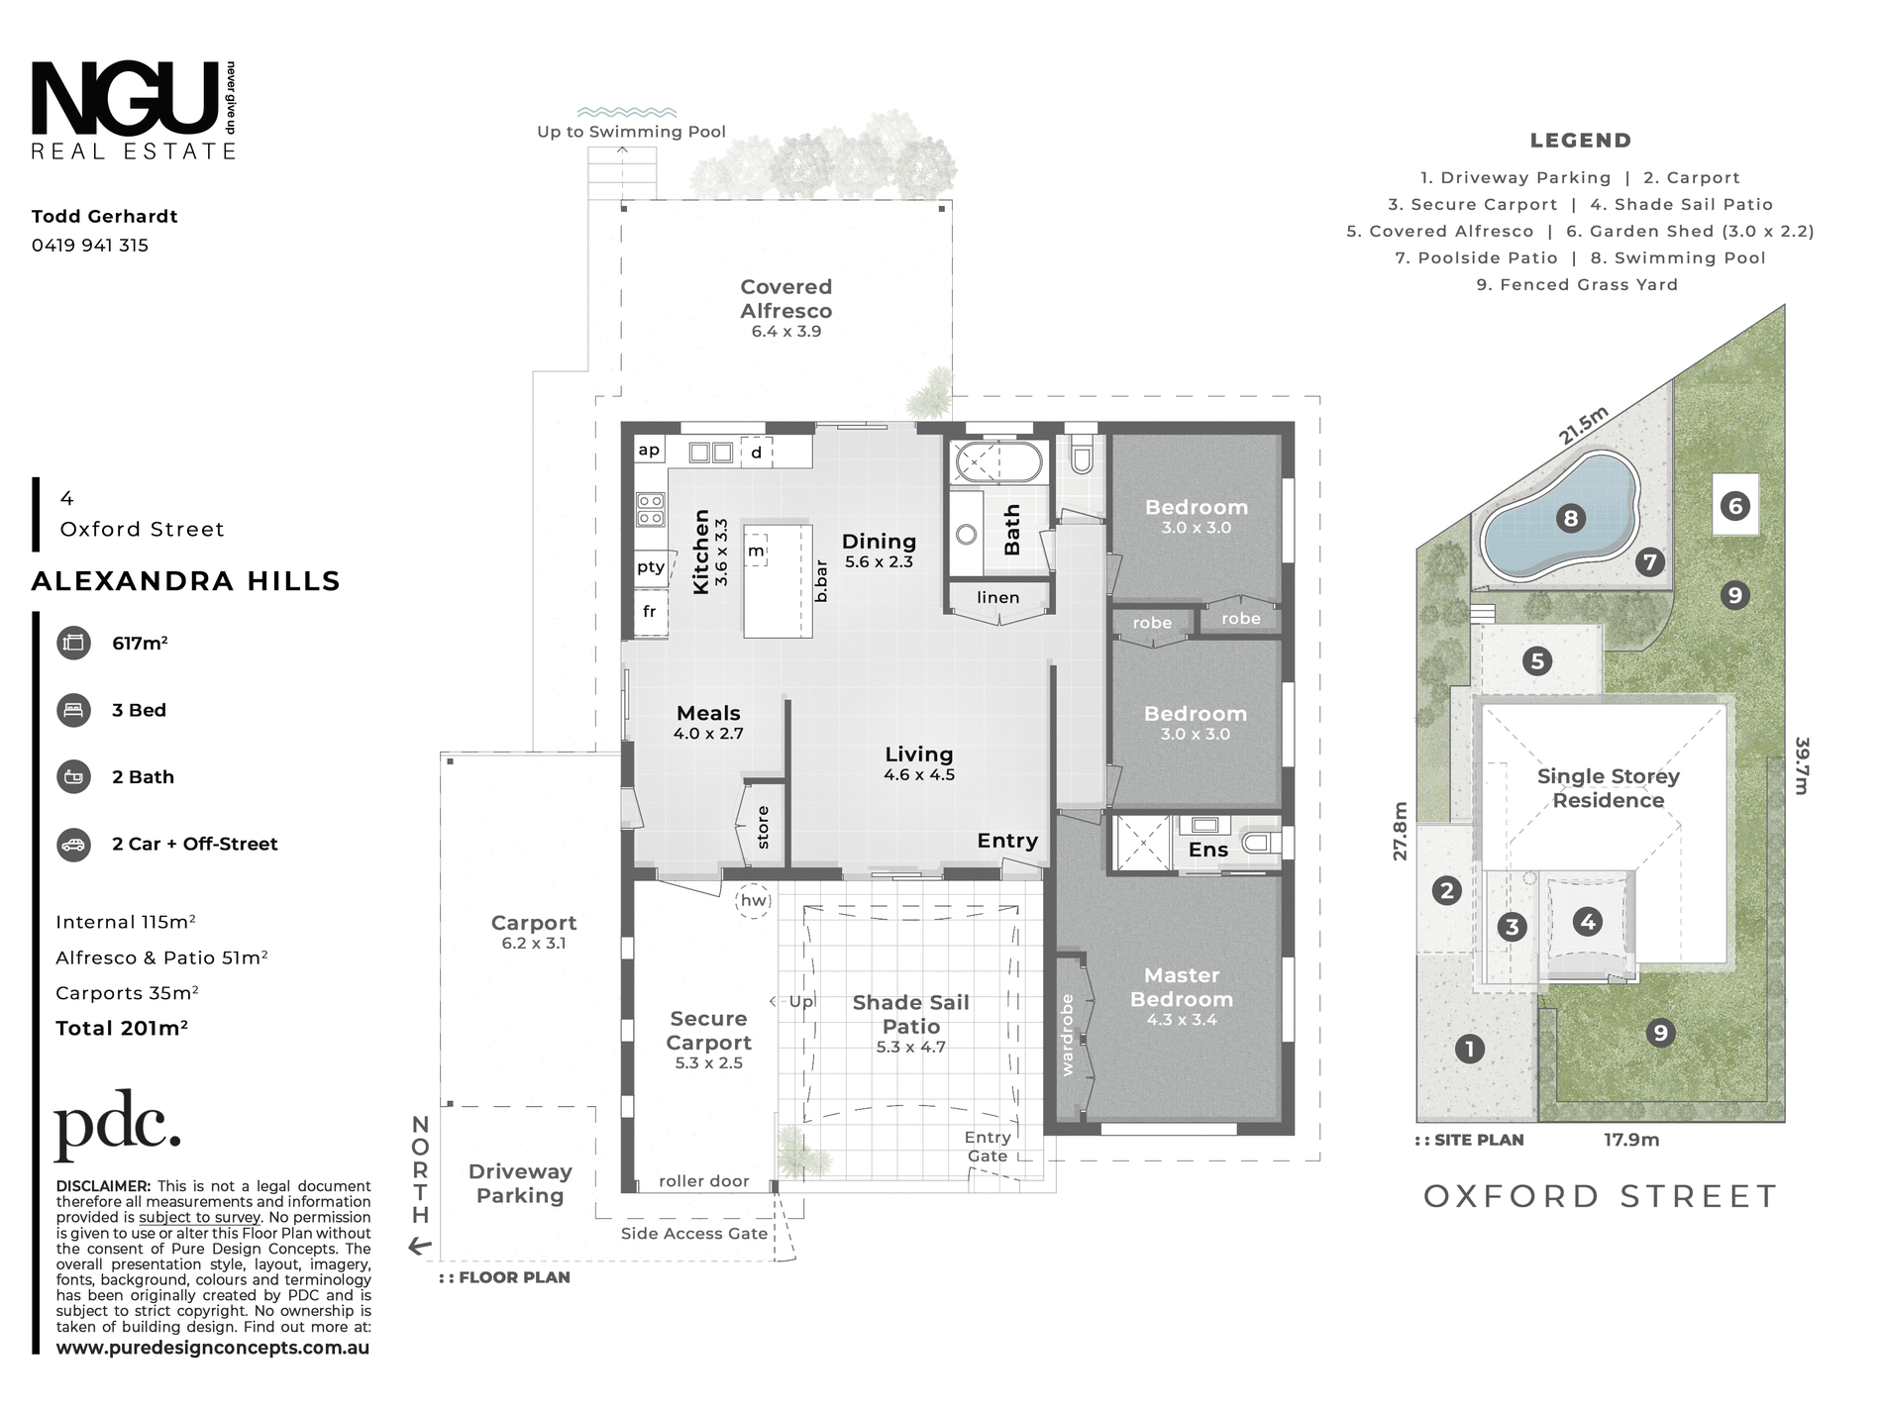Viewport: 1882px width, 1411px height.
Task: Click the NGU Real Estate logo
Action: click(134, 110)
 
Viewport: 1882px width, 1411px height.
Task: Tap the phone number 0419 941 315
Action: click(90, 246)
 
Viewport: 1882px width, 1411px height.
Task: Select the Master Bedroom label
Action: click(1182, 987)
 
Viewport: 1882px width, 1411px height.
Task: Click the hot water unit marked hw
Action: click(754, 900)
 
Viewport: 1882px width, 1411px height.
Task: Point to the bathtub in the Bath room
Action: click(997, 461)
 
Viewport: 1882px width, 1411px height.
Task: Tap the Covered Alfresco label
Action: click(786, 299)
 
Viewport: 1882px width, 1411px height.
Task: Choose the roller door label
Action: click(704, 1181)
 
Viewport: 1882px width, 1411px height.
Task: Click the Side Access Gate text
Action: click(694, 1234)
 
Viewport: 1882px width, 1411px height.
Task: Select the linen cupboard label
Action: click(997, 597)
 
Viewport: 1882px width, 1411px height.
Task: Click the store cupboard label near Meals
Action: click(763, 828)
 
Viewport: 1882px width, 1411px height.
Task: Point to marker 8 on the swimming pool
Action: click(1570, 518)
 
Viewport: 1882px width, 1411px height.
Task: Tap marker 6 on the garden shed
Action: click(1735, 506)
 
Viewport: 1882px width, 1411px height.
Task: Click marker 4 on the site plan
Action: click(1588, 922)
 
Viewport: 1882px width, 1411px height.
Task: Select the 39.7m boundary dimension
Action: click(1802, 765)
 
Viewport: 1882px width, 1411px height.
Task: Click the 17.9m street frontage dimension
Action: click(1631, 1141)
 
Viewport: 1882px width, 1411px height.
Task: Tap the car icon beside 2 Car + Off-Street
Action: click(74, 845)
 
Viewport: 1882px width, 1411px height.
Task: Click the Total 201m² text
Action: click(122, 1028)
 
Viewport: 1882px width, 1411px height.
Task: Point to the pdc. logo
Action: click(118, 1125)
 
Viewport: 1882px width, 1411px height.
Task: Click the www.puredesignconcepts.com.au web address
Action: click(213, 1348)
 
